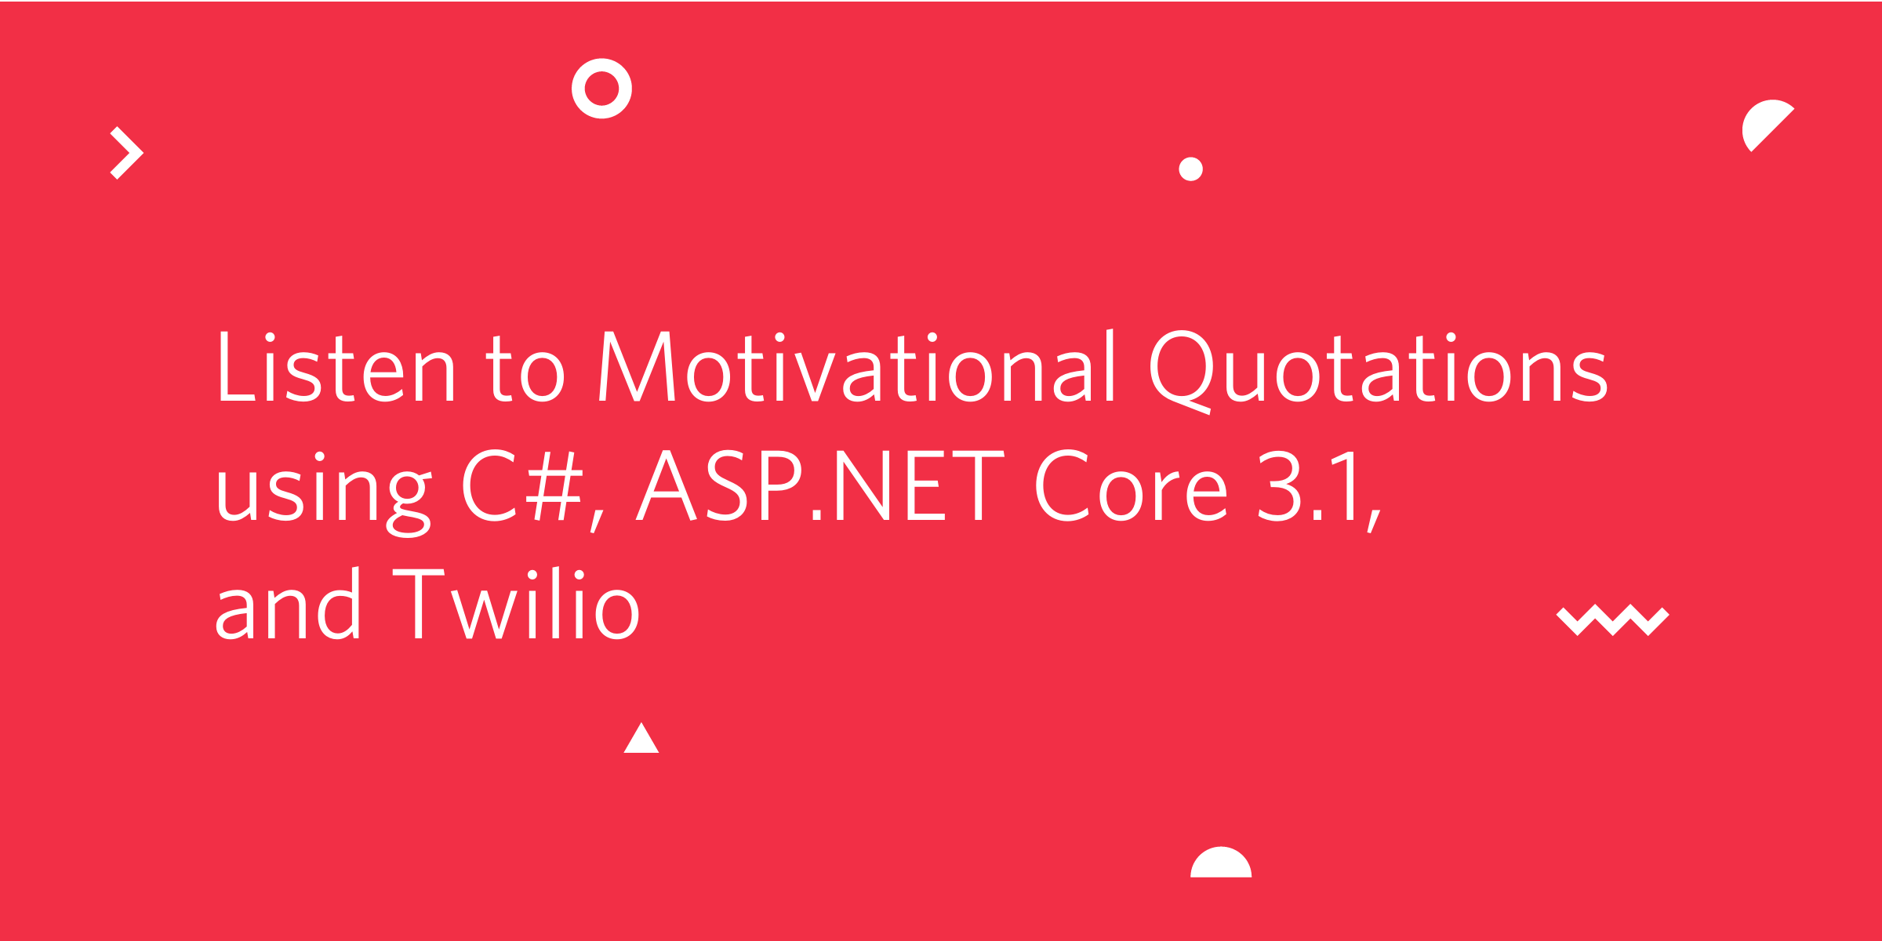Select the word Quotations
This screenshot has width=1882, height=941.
(x=1379, y=372)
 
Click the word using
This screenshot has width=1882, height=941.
(x=325, y=494)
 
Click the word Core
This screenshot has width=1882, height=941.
(x=1132, y=486)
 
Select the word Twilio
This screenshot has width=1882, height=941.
(x=516, y=603)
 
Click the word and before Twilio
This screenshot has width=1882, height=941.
(x=288, y=603)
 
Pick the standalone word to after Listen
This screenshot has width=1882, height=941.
(x=525, y=369)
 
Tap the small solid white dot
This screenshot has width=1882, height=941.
(x=1190, y=169)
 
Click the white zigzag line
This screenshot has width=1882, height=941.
(x=1613, y=620)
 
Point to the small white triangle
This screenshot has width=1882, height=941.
(x=641, y=741)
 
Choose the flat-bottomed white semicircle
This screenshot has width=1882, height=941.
(x=1221, y=865)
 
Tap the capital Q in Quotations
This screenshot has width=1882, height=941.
(x=1182, y=372)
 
